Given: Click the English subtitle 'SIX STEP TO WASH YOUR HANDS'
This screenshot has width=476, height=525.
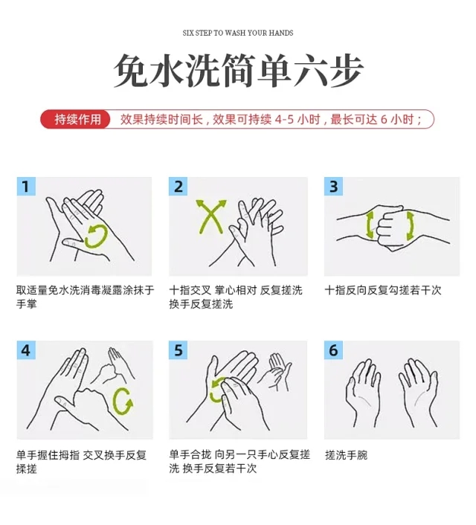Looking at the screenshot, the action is coord(238,33).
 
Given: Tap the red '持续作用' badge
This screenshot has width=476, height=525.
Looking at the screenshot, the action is coord(76,119).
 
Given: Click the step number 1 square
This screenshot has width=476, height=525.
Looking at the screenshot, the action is coord(26,187).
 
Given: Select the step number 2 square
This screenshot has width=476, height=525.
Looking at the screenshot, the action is coord(178,187).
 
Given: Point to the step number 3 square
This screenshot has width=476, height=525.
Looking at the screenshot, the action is coord(334,187).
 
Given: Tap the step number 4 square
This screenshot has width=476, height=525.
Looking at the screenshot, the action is coord(26,350).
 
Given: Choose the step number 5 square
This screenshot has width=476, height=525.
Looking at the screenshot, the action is coord(178,350).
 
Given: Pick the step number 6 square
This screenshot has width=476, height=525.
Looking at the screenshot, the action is coord(334,350).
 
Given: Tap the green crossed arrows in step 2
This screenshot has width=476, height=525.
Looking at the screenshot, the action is coord(211,216).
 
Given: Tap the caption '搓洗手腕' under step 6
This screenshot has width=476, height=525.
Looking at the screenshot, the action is coord(347,455).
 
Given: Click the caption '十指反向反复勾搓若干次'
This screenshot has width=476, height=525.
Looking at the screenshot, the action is coord(383,290).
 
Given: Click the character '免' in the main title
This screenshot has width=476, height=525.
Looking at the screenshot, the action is coord(131,71).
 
